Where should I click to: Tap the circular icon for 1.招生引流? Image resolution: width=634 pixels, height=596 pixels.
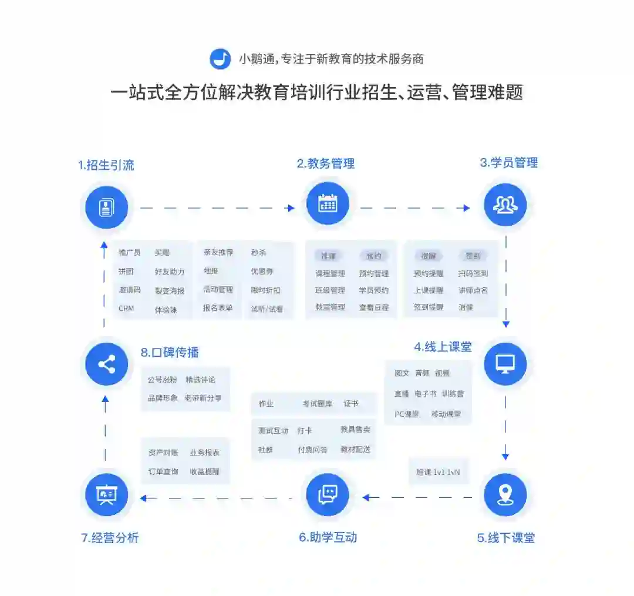tap(106, 207)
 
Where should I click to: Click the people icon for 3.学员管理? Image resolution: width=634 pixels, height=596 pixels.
tap(505, 205)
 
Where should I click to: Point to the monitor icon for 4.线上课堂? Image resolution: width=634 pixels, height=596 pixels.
tap(505, 364)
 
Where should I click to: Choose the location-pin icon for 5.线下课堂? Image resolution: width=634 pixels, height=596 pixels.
tap(505, 495)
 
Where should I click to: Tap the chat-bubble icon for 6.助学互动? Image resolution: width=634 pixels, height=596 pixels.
tap(327, 495)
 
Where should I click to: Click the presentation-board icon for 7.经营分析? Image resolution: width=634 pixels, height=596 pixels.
tap(106, 495)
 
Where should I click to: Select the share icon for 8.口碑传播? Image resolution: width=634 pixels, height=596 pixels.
tap(106, 364)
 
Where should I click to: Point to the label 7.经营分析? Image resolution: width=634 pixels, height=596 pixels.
tap(110, 537)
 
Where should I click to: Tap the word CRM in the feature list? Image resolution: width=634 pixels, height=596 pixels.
tap(126, 309)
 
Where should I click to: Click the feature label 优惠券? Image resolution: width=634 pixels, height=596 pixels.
tap(262, 272)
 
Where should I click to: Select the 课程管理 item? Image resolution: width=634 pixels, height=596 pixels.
tap(330, 273)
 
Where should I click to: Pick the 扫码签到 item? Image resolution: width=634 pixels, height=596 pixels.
tap(473, 273)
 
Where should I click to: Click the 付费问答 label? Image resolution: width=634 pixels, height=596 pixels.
tap(312, 450)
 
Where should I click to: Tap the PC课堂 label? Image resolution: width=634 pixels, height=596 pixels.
tap(407, 414)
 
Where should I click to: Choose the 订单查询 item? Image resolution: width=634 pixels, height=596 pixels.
tap(163, 471)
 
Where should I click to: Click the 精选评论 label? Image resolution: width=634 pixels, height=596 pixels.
tap(200, 380)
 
